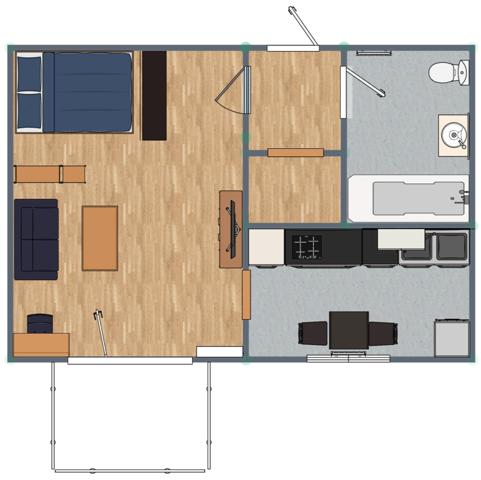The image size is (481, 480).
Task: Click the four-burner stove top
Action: point(305,244)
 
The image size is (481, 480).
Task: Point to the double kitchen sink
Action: point(434,246)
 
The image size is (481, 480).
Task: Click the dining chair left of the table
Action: point(314,333)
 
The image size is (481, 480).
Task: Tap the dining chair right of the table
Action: point(382,333)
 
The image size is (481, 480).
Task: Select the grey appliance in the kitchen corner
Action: point(451,334)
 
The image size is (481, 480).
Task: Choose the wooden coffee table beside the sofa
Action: point(100,237)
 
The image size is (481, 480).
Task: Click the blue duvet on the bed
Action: point(87,93)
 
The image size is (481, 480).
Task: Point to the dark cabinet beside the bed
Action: point(154,95)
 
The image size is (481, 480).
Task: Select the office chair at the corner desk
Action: point(40,322)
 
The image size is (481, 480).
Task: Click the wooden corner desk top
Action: point(40,343)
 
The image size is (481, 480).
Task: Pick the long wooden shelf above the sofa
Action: point(50,174)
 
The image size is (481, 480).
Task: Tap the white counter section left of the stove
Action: point(266,246)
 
